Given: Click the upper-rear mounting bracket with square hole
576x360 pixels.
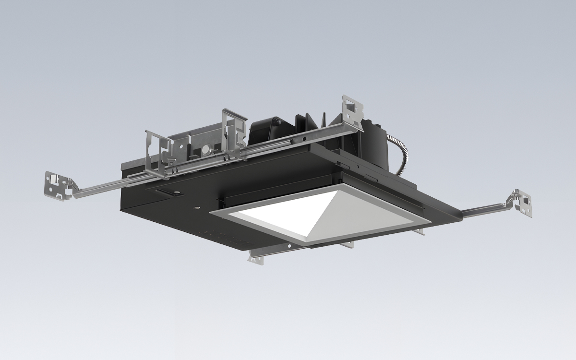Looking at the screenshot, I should pos(351,110).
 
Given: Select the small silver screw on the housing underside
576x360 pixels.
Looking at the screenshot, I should pos(196,208).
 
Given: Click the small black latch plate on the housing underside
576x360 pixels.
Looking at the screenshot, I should pos(166,192).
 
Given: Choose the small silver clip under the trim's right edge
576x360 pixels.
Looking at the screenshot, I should pos(421,232).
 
